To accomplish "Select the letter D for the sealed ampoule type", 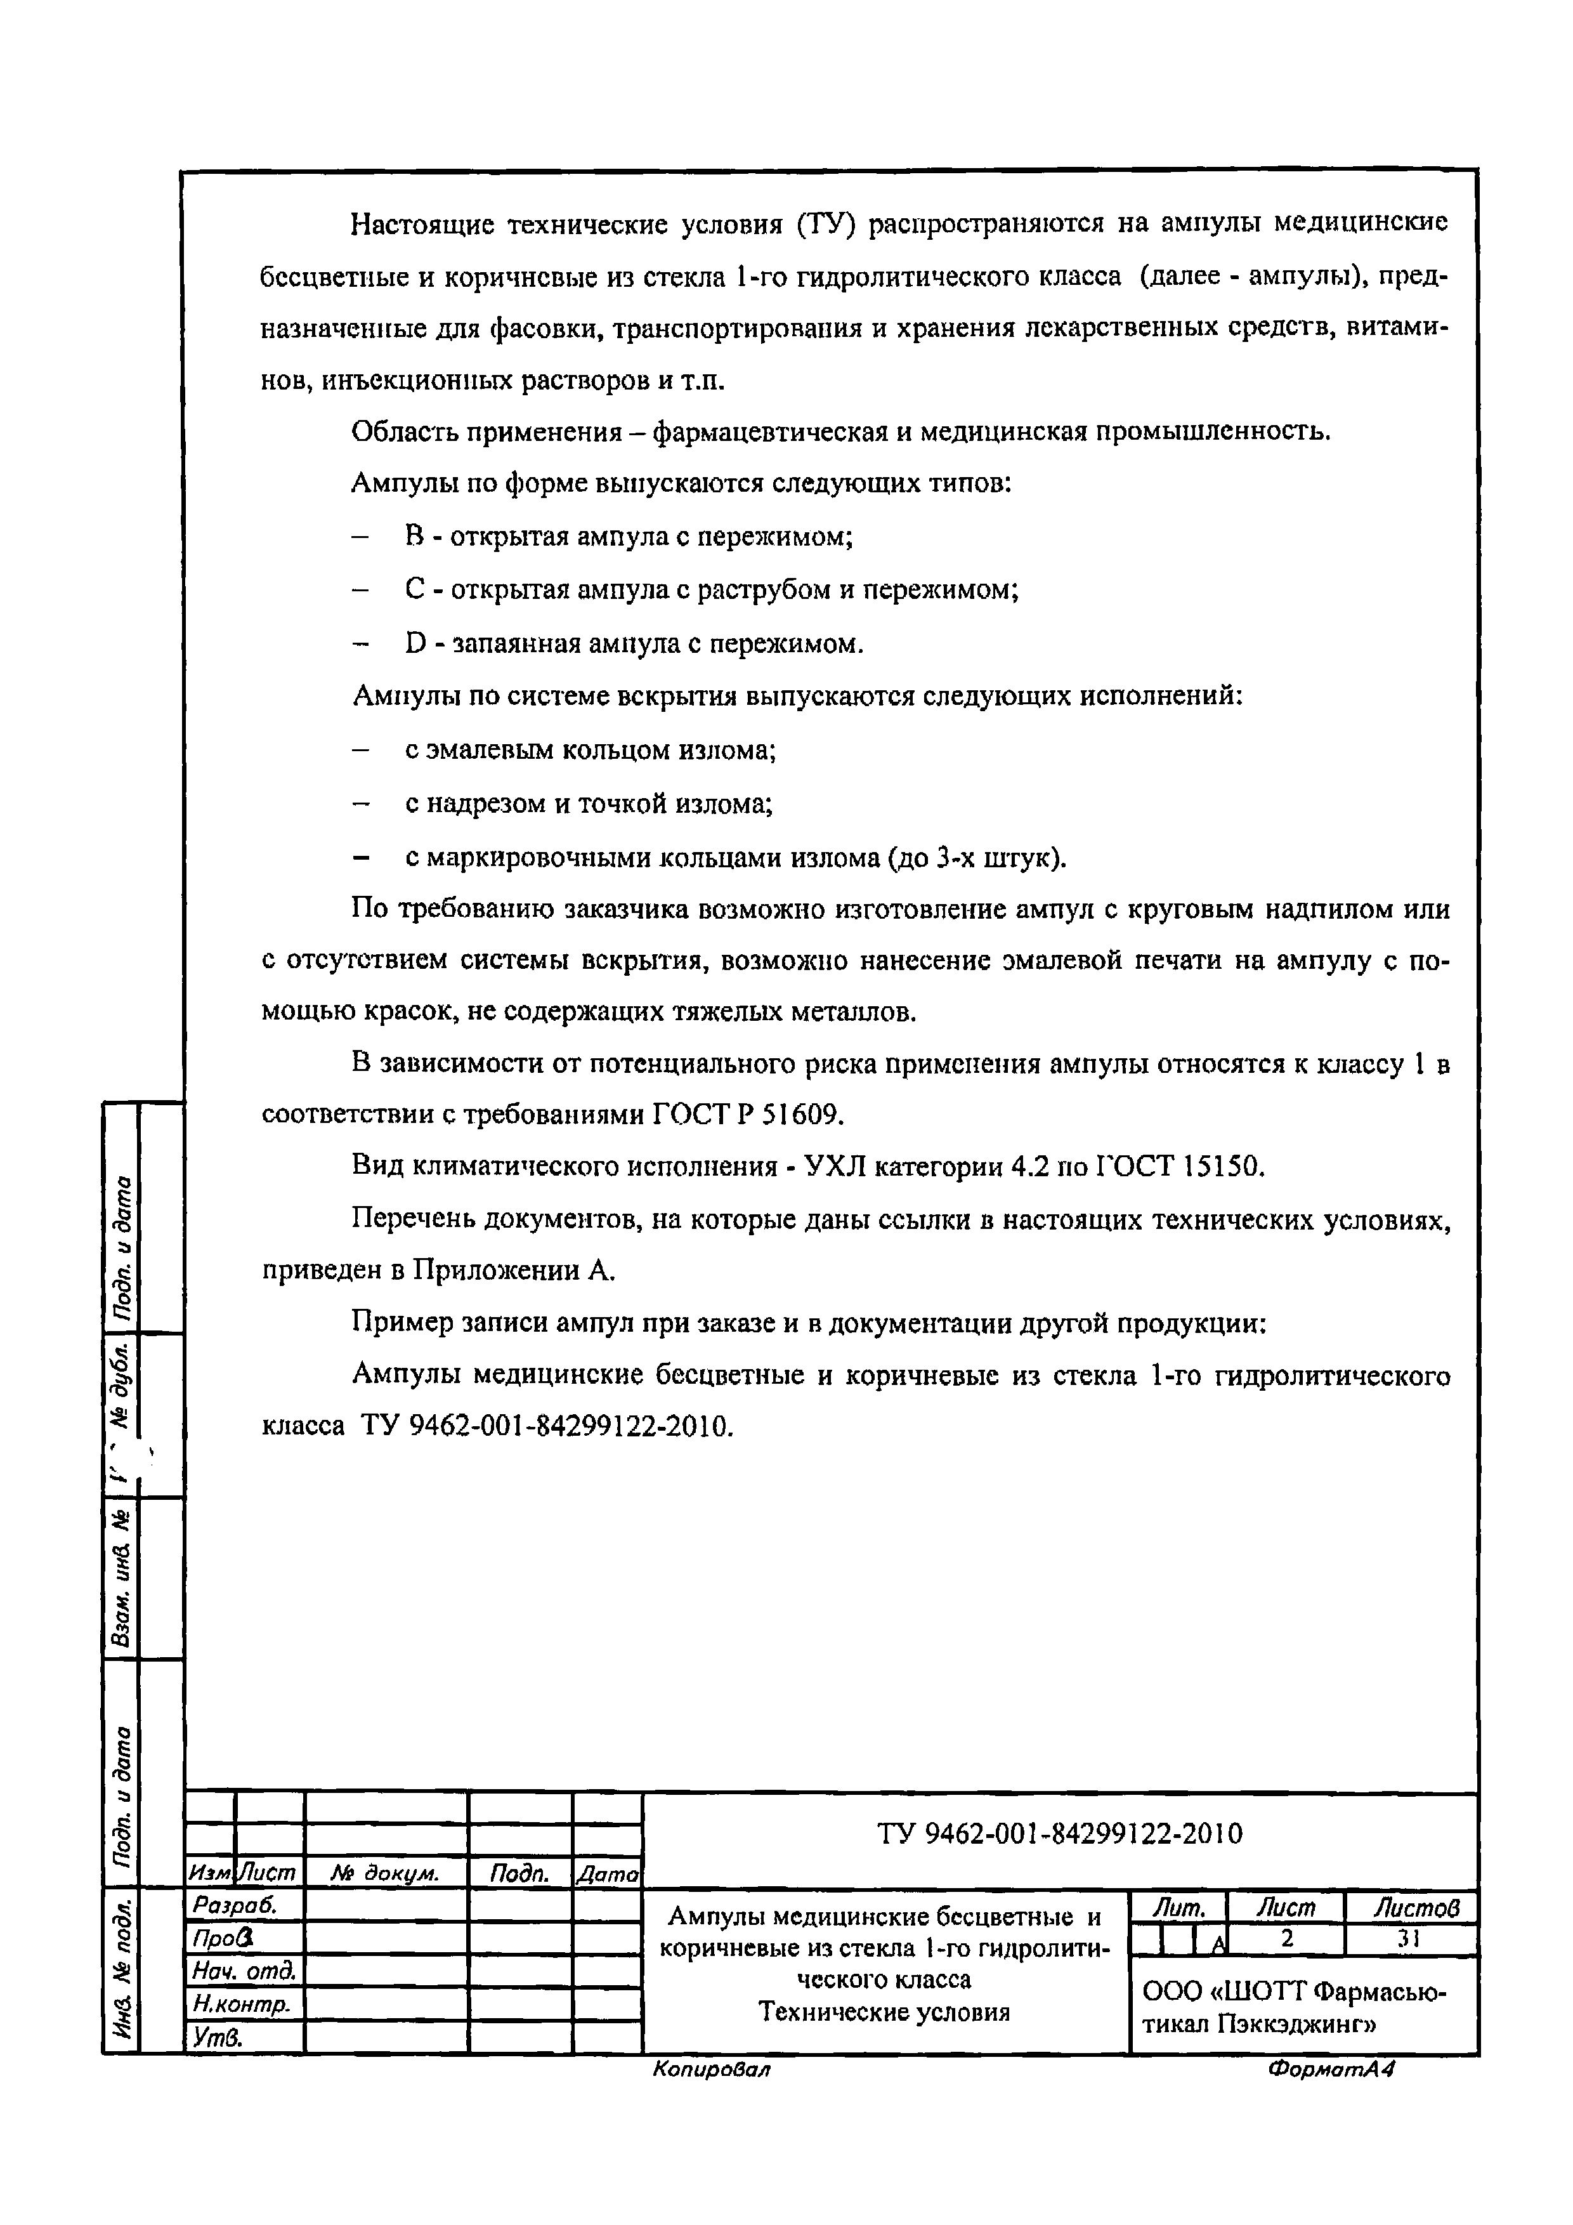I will click(415, 643).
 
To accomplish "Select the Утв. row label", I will click(217, 2037).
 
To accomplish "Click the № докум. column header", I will click(384, 1874).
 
